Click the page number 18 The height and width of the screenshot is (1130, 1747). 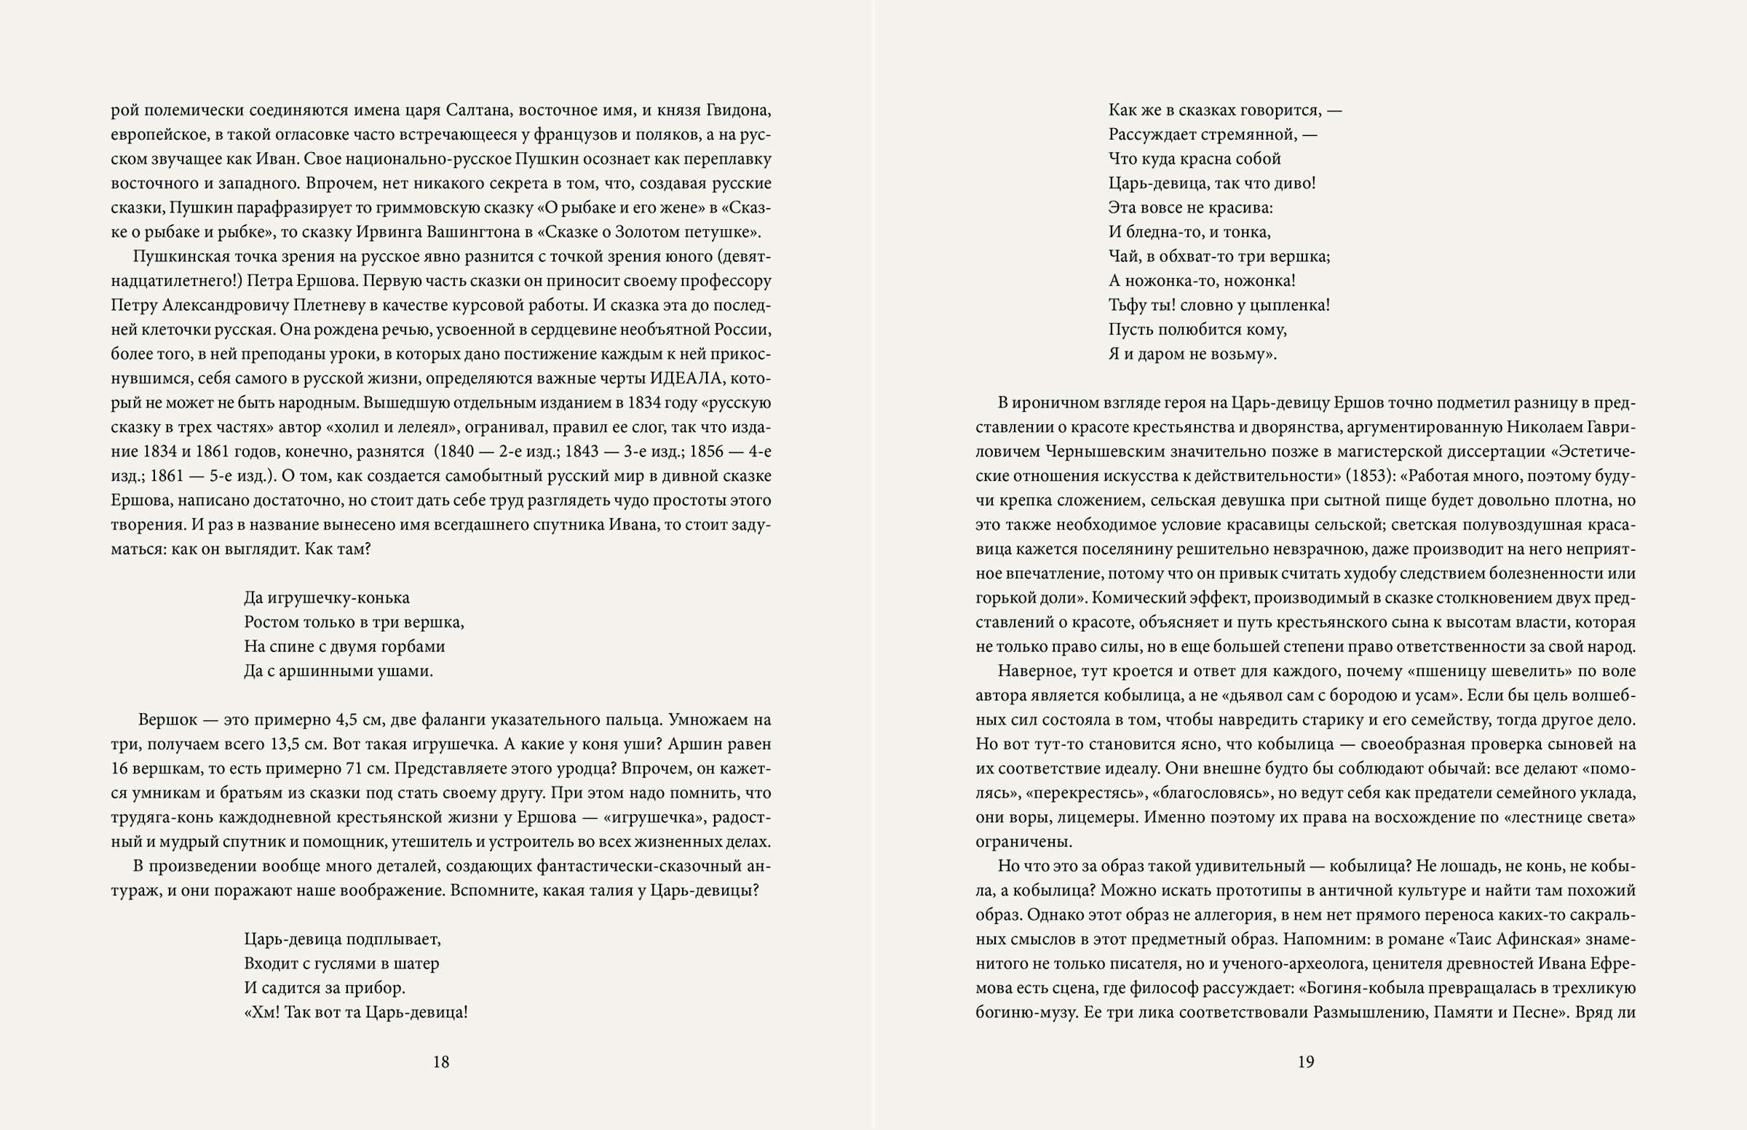(440, 1062)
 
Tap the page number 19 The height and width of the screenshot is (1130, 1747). (1305, 1062)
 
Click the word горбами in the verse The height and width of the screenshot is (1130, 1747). (411, 646)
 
